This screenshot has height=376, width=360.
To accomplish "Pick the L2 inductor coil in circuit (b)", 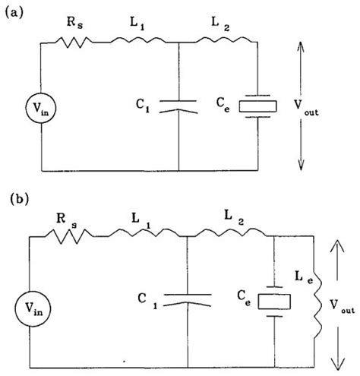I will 232,235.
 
